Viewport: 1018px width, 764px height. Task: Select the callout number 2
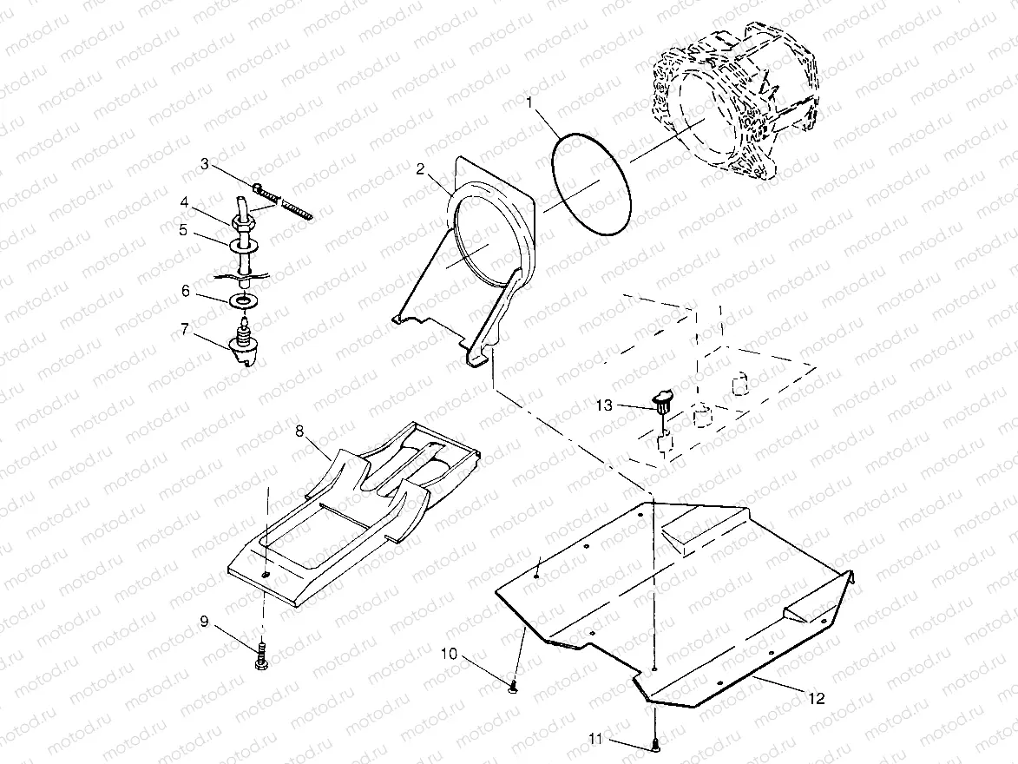tap(420, 169)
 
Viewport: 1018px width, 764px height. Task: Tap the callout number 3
tap(205, 163)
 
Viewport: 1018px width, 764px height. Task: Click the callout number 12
tap(817, 698)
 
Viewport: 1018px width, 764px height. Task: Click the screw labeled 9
tap(261, 655)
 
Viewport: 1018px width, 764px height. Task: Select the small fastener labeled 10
tap(514, 688)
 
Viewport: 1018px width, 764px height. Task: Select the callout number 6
tap(186, 292)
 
